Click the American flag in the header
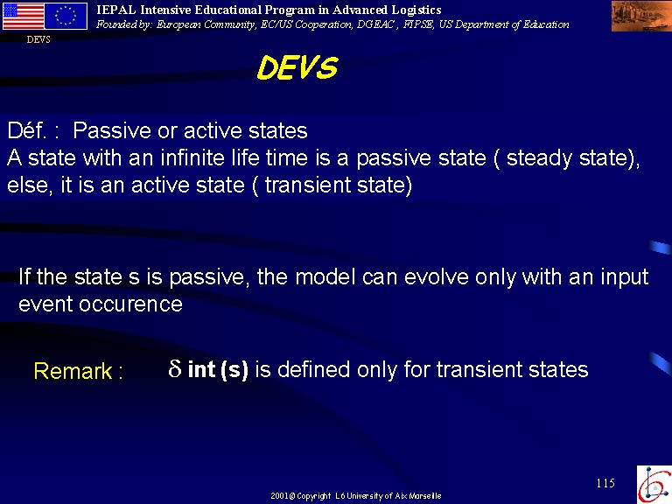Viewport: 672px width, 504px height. tap(23, 17)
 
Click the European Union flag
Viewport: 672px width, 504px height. tap(66, 17)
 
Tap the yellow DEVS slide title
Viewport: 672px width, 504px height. tap(297, 67)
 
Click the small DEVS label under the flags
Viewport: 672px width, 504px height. tap(38, 39)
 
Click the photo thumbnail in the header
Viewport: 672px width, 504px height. tap(641, 17)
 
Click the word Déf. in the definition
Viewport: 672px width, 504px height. tap(27, 130)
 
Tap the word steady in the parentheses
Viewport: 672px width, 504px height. tap(539, 158)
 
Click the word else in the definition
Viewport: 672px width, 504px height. tap(27, 185)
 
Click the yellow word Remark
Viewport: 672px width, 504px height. tap(73, 371)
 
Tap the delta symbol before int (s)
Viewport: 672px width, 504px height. tap(174, 368)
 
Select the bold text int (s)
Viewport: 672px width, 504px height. tap(218, 369)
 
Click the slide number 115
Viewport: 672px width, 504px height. tap(605, 483)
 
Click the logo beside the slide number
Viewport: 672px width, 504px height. tap(654, 484)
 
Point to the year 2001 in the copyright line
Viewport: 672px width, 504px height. tap(279, 496)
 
